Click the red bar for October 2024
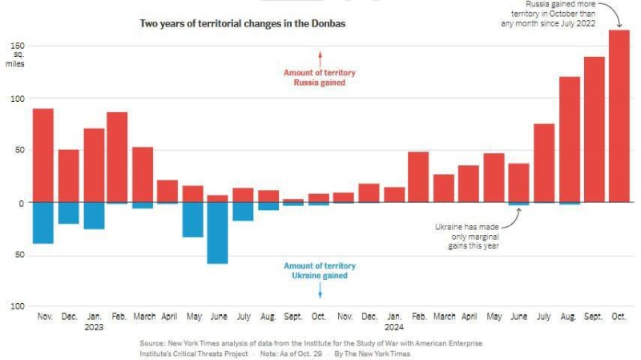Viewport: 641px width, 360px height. pyautogui.click(x=619, y=116)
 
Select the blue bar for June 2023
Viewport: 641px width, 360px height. pyautogui.click(x=217, y=233)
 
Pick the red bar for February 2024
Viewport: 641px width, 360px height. pyautogui.click(x=417, y=176)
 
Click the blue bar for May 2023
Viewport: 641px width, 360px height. pyautogui.click(x=192, y=220)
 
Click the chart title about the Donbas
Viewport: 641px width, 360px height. pyautogui.click(x=242, y=23)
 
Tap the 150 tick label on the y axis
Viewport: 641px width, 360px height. pyautogui.click(x=17, y=47)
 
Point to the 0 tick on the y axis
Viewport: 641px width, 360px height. pyautogui.click(x=22, y=203)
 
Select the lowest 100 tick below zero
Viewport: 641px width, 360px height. pyautogui.click(x=17, y=306)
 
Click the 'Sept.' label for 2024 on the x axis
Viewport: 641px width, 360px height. pyautogui.click(x=594, y=317)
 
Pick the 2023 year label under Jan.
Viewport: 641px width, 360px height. pyautogui.click(x=93, y=327)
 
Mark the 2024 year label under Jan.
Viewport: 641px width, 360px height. pyautogui.click(x=393, y=327)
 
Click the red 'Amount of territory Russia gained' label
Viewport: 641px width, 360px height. pyautogui.click(x=319, y=78)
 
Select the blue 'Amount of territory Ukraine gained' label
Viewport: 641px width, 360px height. pyautogui.click(x=319, y=271)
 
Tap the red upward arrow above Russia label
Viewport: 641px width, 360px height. pyautogui.click(x=319, y=58)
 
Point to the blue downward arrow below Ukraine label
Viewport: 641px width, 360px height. pyautogui.click(x=319, y=290)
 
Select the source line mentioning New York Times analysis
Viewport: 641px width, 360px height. pyautogui.click(x=311, y=343)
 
